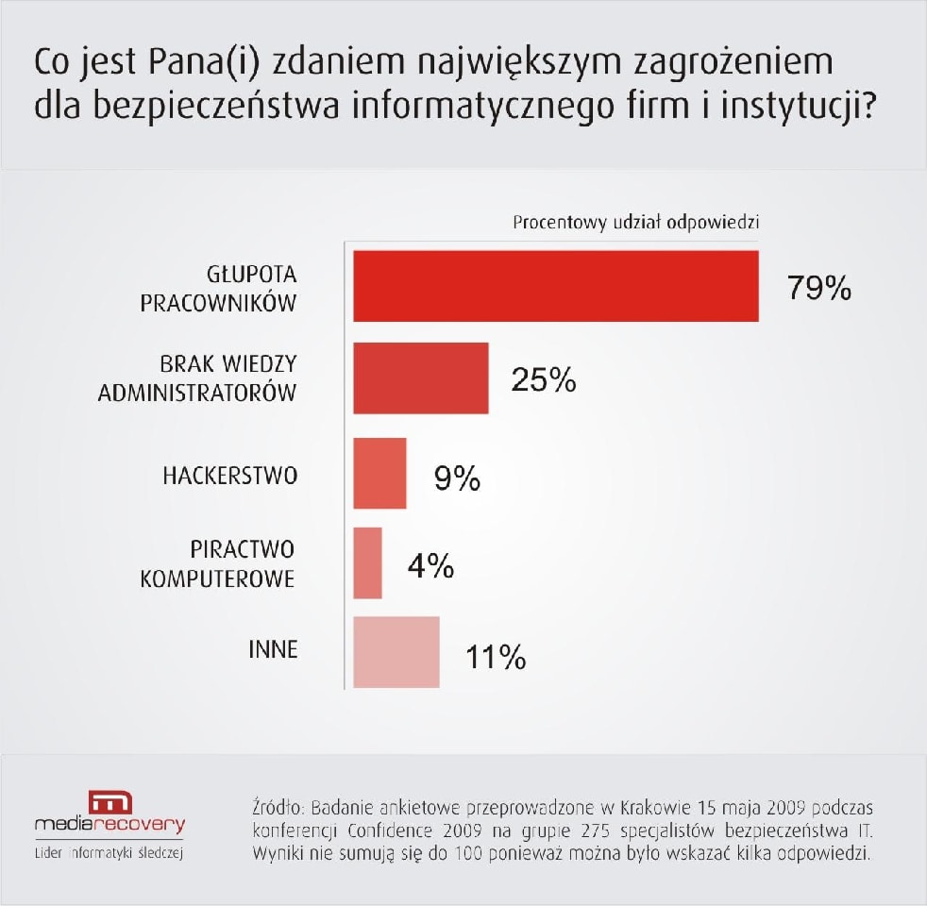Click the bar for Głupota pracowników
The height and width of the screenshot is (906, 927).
[x=556, y=286]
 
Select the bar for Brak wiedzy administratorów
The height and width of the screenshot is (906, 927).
[x=421, y=377]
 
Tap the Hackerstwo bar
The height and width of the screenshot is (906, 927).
[x=379, y=473]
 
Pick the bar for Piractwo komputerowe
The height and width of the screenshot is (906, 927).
[x=367, y=562]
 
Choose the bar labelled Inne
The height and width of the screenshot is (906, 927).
[x=396, y=652]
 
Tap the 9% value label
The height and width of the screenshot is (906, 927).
[x=457, y=479]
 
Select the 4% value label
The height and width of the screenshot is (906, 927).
[x=430, y=566]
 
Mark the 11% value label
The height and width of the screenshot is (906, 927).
[x=496, y=657]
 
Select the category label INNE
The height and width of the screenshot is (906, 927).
[x=273, y=650]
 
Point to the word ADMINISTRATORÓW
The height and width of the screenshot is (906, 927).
[x=197, y=393]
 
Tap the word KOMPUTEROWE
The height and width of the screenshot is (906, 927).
[x=218, y=578]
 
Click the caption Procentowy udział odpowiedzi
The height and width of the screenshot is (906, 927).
[x=635, y=224]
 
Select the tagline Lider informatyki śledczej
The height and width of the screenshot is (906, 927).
[x=109, y=854]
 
